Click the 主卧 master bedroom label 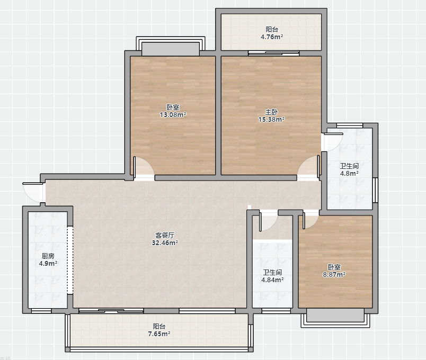[271, 112]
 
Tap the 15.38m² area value [271, 119]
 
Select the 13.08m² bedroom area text [173, 114]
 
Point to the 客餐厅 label [165, 235]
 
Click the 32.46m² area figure [165, 242]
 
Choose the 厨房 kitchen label [48, 256]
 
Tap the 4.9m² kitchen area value [48, 263]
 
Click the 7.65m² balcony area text [159, 334]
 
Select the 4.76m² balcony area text [272, 37]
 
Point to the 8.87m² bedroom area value [334, 274]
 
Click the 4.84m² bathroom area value [272, 280]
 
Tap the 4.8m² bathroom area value [349, 173]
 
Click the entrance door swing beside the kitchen [33, 192]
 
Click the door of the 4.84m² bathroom [268, 221]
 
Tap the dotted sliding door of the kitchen [70, 260]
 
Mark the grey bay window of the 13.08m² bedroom [171, 47]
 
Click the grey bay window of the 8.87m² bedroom [335, 317]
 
